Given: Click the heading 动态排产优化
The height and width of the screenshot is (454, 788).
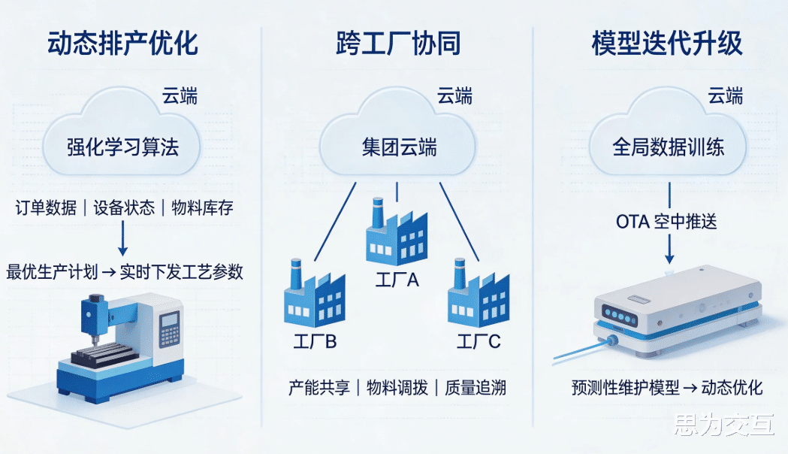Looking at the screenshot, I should [122, 44].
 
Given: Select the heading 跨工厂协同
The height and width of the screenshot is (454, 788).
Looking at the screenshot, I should [398, 44].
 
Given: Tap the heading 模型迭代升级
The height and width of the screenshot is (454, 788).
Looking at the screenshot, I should [667, 44].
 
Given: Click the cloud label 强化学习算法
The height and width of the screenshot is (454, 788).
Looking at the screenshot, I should [122, 147].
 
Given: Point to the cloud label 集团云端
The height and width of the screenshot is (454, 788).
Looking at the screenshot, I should [399, 147].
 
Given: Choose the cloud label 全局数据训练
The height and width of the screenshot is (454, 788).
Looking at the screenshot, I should [669, 147].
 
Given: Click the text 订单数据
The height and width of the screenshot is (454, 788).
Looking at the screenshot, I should [45, 208].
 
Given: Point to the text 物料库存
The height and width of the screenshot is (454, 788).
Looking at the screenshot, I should [202, 208].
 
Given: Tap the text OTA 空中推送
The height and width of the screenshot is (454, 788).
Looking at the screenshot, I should [666, 222].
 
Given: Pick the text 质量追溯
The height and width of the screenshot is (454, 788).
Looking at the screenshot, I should [475, 387].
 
